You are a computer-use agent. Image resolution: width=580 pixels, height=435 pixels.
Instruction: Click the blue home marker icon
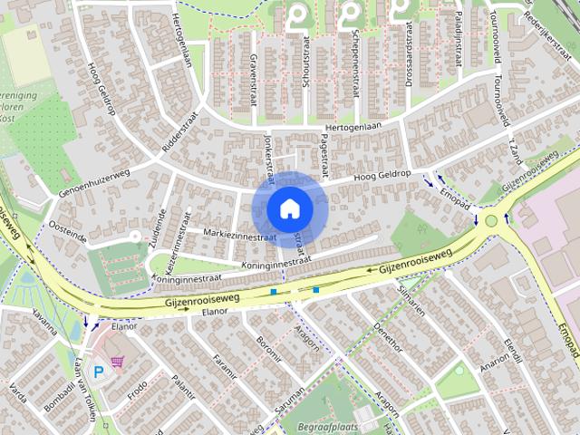[289, 208]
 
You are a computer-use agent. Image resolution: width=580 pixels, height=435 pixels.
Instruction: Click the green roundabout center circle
[491, 219]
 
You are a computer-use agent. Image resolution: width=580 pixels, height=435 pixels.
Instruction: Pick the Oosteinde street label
[67, 232]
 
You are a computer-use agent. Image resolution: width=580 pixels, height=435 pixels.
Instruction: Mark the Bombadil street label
[59, 389]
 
